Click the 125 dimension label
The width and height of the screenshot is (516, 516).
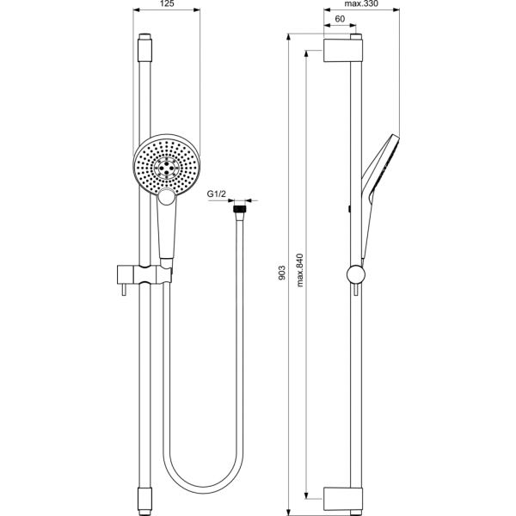click(x=167, y=3)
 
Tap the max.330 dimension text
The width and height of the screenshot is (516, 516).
click(x=361, y=3)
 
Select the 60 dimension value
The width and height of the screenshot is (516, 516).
click(x=340, y=19)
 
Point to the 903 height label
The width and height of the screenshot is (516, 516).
click(x=282, y=273)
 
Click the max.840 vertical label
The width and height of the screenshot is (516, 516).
click(x=299, y=270)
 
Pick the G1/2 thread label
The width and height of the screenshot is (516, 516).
click(x=217, y=193)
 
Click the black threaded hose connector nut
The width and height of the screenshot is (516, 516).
click(x=240, y=209)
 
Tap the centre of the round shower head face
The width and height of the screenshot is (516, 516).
click(x=167, y=168)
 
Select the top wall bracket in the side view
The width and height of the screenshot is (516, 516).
click(x=343, y=51)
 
